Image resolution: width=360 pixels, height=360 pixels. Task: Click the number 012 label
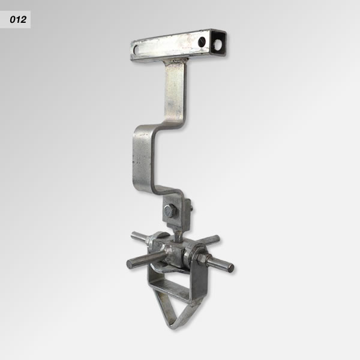18,20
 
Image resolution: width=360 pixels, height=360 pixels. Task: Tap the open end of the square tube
218,43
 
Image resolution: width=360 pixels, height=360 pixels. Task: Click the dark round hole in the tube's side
202,42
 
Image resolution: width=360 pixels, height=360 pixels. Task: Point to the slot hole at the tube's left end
136,49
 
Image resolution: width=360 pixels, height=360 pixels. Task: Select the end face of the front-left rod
130,263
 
